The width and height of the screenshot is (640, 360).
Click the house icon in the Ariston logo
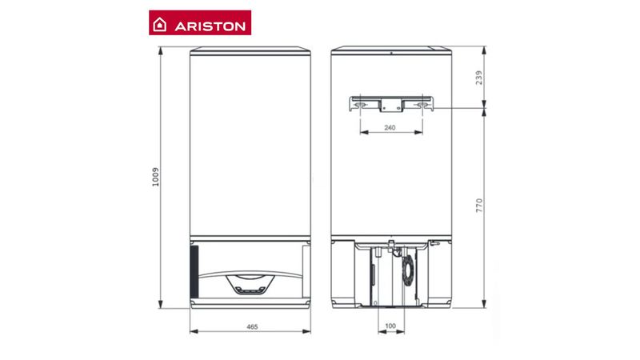[x=159, y=25]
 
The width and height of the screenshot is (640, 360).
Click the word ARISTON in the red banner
[x=210, y=26]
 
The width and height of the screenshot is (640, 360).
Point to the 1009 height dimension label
[x=155, y=177]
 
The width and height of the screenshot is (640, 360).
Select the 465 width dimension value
[x=252, y=326]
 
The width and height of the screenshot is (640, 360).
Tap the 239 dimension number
[x=479, y=78]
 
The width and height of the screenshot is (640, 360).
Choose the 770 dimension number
[x=479, y=206]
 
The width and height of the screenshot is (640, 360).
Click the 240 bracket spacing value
[x=390, y=128]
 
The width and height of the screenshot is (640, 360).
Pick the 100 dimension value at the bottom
[x=390, y=326]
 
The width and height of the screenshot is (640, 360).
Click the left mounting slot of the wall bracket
[x=361, y=106]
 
